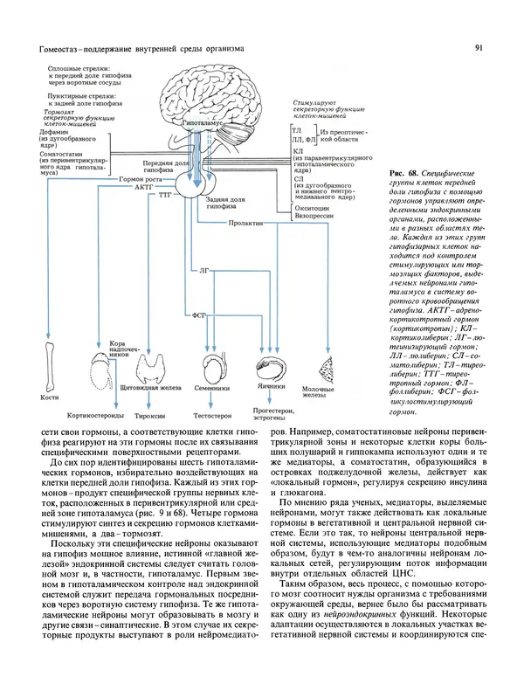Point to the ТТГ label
[x=163, y=197]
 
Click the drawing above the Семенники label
[x=213, y=364]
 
